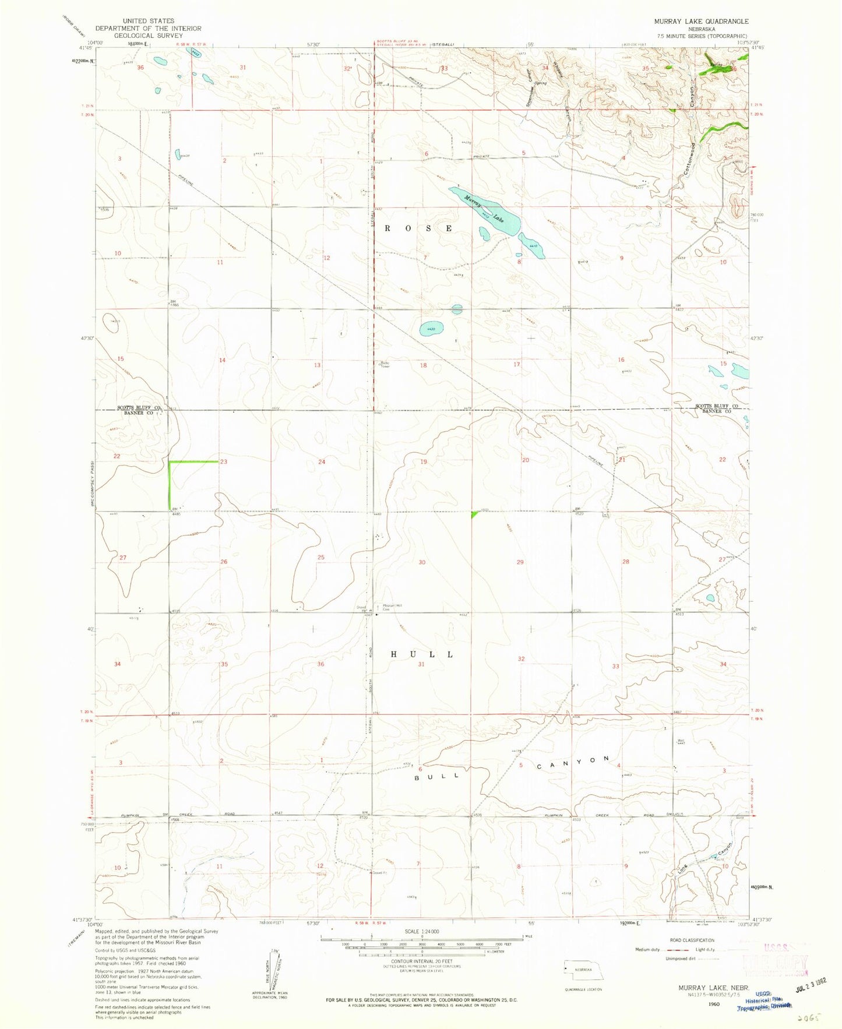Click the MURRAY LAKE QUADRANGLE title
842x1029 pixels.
pyautogui.click(x=693, y=21)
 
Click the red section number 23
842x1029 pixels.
pyautogui.click(x=224, y=461)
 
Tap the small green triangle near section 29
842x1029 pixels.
pyautogui.click(x=474, y=514)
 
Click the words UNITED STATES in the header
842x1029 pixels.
pyautogui.click(x=148, y=21)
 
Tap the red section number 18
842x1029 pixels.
pyautogui.click(x=424, y=365)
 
